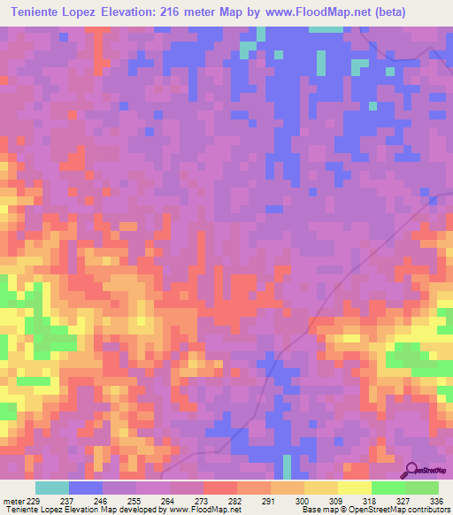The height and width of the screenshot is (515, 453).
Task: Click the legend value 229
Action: [34, 500]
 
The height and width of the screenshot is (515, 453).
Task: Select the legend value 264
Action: [167, 500]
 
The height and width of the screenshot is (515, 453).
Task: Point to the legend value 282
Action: [234, 500]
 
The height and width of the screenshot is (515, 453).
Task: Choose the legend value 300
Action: [302, 500]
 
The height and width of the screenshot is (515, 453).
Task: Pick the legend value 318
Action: [369, 500]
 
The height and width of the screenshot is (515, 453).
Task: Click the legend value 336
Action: [436, 500]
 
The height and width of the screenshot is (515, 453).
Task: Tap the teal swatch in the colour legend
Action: [51, 488]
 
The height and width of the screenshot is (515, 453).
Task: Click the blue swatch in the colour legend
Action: [85, 488]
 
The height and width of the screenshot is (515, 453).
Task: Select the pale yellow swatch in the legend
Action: [354, 488]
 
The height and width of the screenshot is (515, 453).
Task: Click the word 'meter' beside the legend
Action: [12, 500]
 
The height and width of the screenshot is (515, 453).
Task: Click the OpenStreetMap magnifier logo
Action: [412, 471]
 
